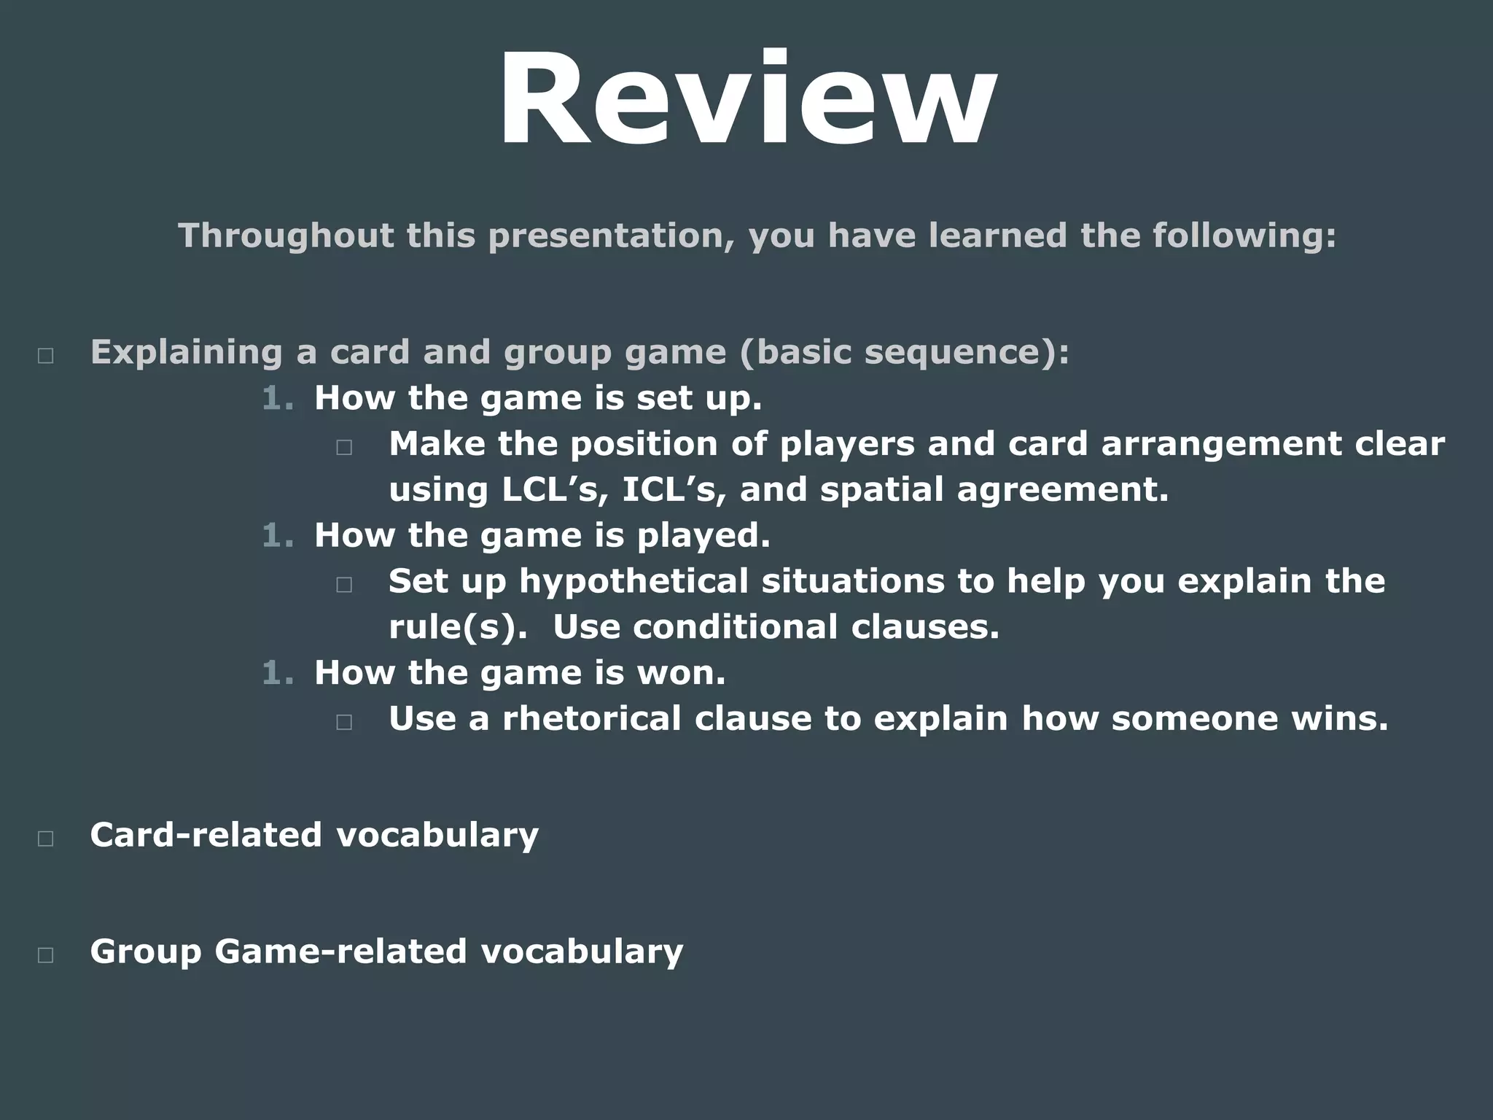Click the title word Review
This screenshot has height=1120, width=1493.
click(x=746, y=100)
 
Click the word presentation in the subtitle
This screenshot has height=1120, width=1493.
click(x=610, y=236)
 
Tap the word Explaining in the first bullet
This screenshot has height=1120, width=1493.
click(x=186, y=352)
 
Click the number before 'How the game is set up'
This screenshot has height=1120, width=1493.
click(x=277, y=399)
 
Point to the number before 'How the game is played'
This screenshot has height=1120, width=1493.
click(x=277, y=536)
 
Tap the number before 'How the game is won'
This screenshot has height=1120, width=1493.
click(x=277, y=673)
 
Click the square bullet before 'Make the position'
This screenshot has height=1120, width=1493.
click(x=344, y=447)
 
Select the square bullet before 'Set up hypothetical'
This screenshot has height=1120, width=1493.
click(x=344, y=584)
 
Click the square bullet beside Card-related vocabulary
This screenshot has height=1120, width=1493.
click(x=45, y=839)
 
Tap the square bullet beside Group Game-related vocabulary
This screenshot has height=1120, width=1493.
click(x=45, y=955)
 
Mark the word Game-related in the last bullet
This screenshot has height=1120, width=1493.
click(x=340, y=952)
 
